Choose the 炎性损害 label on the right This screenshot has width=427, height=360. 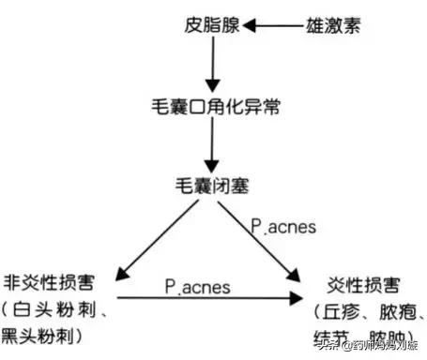361,281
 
